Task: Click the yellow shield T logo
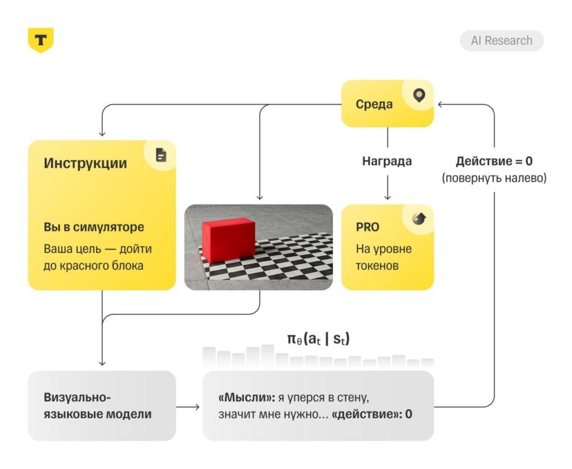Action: click(40, 40)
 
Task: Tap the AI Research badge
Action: click(502, 41)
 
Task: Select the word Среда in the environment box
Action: click(374, 104)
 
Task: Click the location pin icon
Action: click(419, 95)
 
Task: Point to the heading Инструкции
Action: click(85, 163)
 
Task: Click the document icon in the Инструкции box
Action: click(161, 155)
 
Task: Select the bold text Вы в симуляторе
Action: click(94, 227)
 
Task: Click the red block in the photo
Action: click(228, 240)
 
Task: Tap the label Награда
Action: click(387, 161)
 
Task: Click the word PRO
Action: click(368, 227)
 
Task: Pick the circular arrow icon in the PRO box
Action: click(419, 218)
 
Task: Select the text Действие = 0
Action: click(494, 161)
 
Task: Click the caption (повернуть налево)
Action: click(494, 178)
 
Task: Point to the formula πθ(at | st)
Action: click(318, 339)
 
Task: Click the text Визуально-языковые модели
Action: click(97, 405)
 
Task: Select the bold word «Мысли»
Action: click(246, 397)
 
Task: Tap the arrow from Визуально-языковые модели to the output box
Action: click(188, 406)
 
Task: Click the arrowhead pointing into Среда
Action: click(440, 104)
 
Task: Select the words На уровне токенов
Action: click(384, 257)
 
